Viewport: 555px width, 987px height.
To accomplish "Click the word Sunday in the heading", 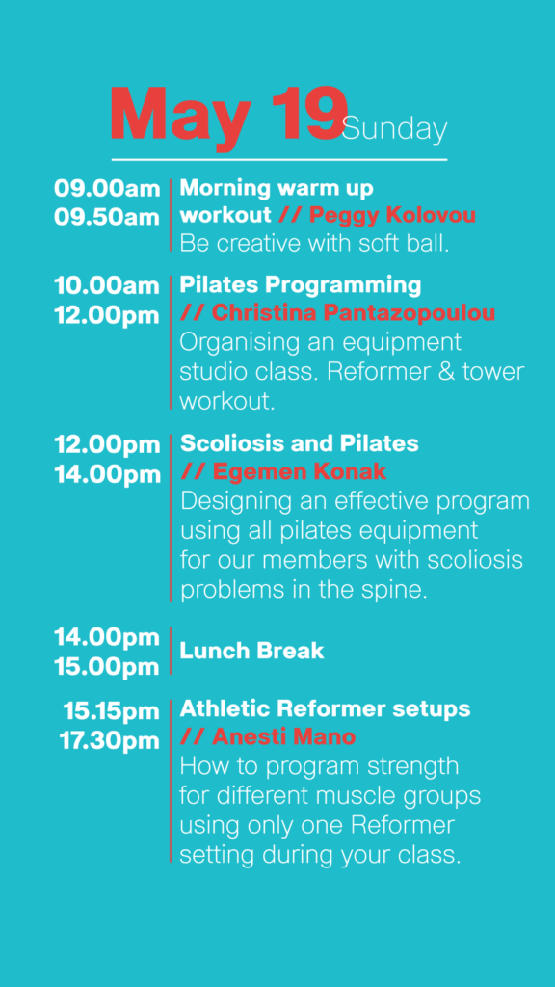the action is [x=395, y=130].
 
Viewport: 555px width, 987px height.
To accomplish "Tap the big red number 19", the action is [x=308, y=114].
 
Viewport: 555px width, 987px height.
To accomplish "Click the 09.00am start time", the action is [x=107, y=188].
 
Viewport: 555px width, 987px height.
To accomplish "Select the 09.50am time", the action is [x=107, y=217].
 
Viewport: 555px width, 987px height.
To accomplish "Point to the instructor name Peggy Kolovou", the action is [x=392, y=216].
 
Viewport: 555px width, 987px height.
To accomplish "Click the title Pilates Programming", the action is [x=301, y=285].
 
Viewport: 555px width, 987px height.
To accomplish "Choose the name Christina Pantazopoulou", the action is [x=353, y=313].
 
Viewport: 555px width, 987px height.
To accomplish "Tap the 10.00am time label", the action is [x=107, y=285].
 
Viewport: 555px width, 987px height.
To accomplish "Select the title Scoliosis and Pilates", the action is [x=299, y=443].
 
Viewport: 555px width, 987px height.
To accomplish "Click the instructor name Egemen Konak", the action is [x=299, y=471].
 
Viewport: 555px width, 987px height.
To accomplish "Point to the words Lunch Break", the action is [x=251, y=651].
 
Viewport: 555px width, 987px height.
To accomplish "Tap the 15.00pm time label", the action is [x=107, y=667].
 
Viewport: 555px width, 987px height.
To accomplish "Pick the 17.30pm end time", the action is [x=110, y=741].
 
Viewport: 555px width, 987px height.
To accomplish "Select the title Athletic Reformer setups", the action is [x=325, y=709].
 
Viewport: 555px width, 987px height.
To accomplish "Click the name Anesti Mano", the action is [x=284, y=736].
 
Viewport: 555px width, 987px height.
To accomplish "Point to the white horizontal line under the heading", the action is [x=279, y=160].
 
